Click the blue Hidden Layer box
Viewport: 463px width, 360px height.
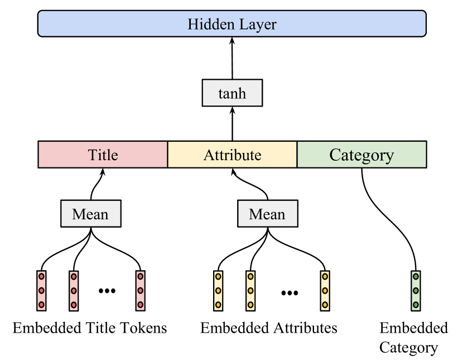[231, 24]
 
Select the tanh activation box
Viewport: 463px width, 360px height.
[232, 93]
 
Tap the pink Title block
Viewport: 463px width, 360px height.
[103, 155]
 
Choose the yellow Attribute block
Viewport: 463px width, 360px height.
[232, 155]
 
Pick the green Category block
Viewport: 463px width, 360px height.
[361, 155]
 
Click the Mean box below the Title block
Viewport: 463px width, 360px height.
[90, 214]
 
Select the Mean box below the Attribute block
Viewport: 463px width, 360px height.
[267, 214]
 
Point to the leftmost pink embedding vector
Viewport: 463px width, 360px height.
[41, 291]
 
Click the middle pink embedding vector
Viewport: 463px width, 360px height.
[74, 291]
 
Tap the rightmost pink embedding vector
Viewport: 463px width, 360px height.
[140, 291]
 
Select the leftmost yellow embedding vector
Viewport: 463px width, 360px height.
[218, 291]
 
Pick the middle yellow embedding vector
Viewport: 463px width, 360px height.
[250, 291]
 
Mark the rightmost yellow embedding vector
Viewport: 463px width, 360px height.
[325, 291]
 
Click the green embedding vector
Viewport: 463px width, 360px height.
[416, 291]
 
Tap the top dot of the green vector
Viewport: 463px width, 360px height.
[416, 276]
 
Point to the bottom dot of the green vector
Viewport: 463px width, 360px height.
[416, 305]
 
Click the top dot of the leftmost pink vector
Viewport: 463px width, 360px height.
[41, 276]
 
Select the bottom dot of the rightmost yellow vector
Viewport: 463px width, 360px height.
[325, 305]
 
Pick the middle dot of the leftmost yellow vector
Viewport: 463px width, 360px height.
[218, 291]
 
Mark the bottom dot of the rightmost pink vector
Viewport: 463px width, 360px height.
[140, 305]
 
